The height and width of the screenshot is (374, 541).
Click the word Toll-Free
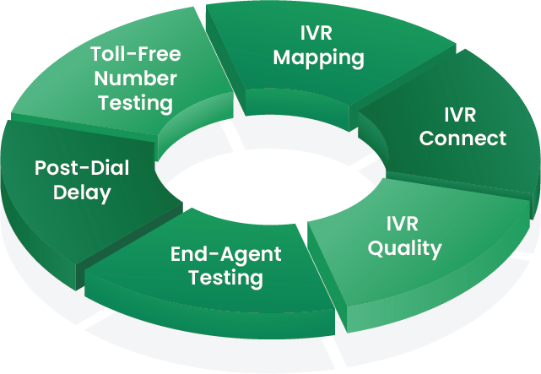click(135, 55)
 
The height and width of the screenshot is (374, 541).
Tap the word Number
click(135, 79)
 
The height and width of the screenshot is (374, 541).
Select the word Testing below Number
click(135, 104)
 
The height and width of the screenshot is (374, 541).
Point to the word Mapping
click(318, 58)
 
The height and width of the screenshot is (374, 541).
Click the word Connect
click(463, 138)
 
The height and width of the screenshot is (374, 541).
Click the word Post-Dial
click(82, 168)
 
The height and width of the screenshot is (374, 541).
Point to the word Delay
click(82, 192)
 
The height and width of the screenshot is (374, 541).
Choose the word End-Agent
click(225, 254)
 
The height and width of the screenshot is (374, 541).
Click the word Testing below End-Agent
click(225, 278)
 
